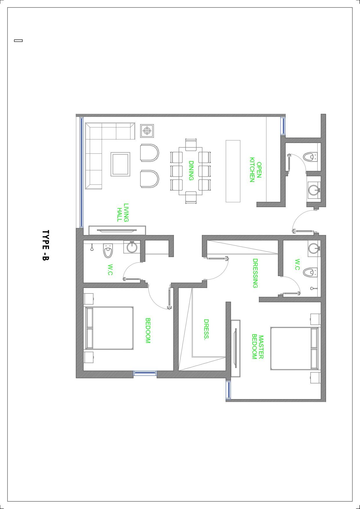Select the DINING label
coord(191,171)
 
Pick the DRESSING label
coord(255,273)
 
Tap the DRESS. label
coord(206,329)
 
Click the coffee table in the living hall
coord(120,164)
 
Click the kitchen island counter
coord(233,171)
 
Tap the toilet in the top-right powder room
coord(310,157)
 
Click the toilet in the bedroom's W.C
coord(108,251)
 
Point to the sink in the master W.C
coord(314,248)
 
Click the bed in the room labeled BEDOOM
coord(109,328)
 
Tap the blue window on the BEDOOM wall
coord(145,374)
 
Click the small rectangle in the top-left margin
coord(18,40)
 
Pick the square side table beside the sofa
coord(147,131)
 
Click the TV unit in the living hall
coord(117,230)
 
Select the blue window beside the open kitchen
coord(283,126)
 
